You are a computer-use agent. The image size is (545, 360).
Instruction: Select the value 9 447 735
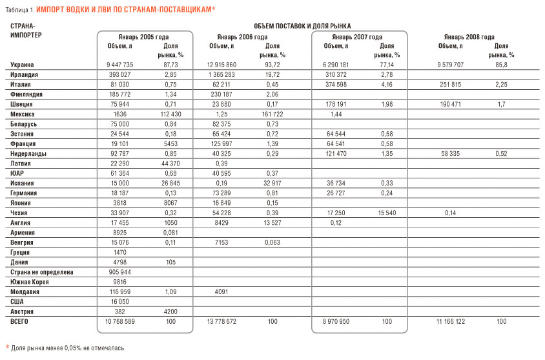[120, 65]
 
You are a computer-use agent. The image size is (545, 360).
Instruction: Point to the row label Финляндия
[26, 94]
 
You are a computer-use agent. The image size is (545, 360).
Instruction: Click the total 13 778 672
[221, 321]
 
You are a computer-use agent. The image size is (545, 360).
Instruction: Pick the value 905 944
[120, 272]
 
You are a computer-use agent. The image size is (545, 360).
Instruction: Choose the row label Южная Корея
[30, 282]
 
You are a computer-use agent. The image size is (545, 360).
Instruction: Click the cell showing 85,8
[501, 65]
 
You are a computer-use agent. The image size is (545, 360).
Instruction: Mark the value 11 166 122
[450, 321]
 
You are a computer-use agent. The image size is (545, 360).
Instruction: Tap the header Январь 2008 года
[469, 37]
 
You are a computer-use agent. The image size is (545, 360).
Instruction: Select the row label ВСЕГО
[21, 321]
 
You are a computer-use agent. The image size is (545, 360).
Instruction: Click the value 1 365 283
[221, 75]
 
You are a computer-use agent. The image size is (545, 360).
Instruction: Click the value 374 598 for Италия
[336, 85]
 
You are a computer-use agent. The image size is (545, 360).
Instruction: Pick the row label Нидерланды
[29, 154]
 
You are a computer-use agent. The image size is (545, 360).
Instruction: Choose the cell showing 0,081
[171, 233]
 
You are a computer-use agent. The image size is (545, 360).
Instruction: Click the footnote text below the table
[67, 348]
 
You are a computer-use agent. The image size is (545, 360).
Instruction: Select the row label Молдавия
[26, 291]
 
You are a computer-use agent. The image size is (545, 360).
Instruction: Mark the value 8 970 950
[336, 321]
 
